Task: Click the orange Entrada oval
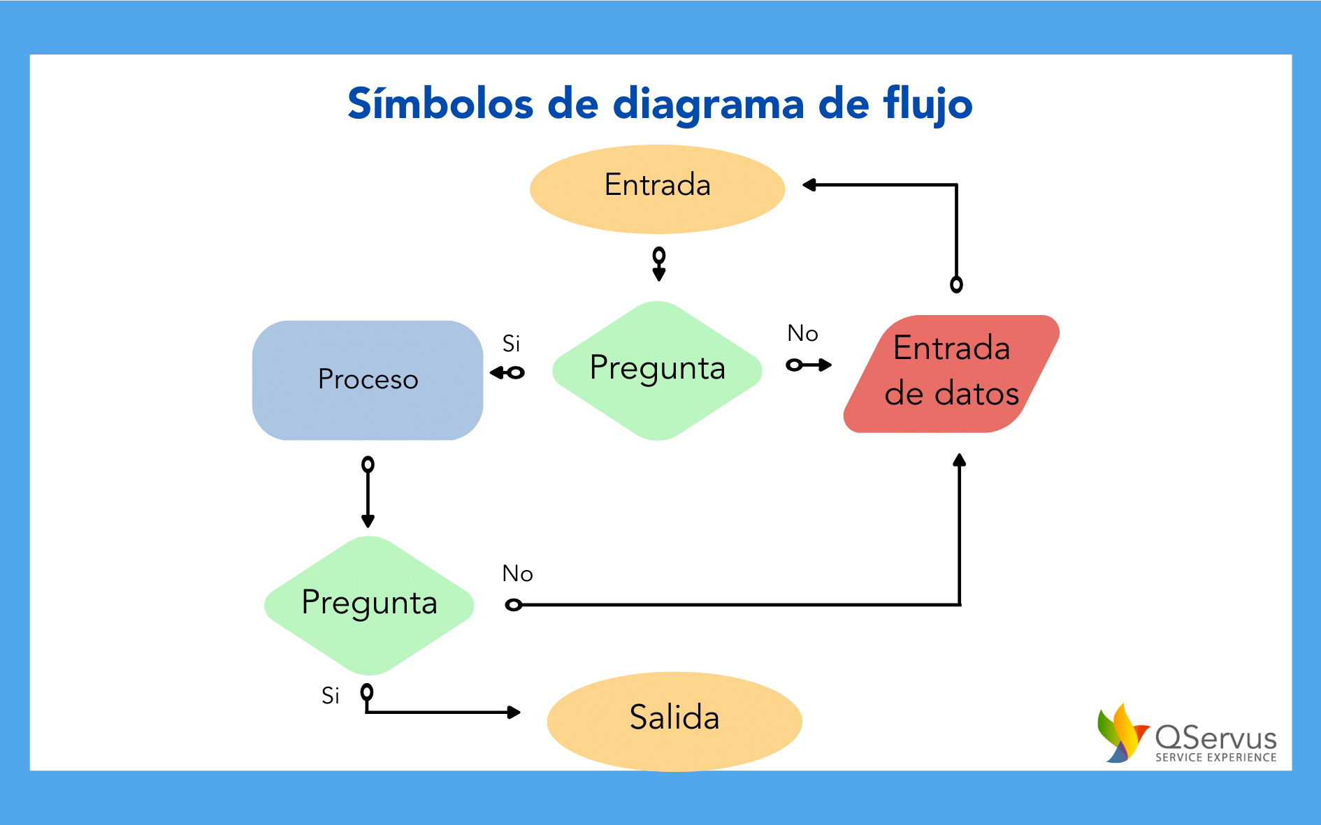click(657, 189)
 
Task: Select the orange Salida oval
click(674, 720)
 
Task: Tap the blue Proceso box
click(368, 380)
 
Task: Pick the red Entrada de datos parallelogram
click(951, 373)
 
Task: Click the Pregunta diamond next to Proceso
click(657, 370)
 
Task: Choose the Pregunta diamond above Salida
click(369, 604)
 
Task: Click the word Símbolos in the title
click(440, 105)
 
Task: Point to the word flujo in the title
click(927, 105)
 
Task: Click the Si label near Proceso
click(511, 344)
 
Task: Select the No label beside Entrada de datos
click(802, 334)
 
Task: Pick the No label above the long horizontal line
click(517, 574)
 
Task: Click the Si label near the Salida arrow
click(330, 696)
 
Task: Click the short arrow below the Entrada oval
click(658, 264)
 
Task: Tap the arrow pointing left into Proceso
click(507, 373)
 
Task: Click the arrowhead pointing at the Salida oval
click(514, 713)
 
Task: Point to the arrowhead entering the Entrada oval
click(809, 185)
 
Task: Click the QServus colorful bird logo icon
click(1123, 733)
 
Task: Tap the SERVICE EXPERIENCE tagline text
click(1215, 757)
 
